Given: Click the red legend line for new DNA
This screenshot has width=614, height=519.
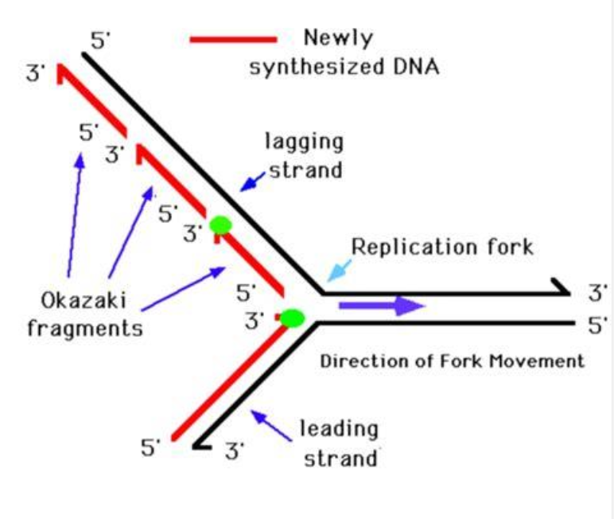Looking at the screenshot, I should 233,39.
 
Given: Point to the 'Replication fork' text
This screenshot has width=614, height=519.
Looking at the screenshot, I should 442,246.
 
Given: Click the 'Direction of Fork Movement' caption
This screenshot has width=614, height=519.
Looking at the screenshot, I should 452,361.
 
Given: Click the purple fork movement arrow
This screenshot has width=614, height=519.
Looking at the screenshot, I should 383,306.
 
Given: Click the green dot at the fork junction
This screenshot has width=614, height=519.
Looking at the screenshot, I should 292,318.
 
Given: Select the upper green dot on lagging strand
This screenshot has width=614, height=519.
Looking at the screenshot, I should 220,225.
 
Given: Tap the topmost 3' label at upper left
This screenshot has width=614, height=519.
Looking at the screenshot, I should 37,74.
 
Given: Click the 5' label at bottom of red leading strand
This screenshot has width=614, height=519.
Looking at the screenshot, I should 150,447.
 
